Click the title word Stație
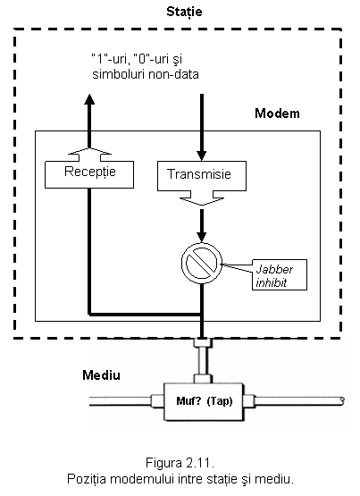pos(184,12)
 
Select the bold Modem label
pos(277,113)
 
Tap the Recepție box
pos(89,174)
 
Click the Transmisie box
pos(202,176)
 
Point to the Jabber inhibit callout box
pos(280,275)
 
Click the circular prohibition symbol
pos(202,263)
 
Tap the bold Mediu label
pos(101,375)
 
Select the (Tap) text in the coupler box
pos(220,401)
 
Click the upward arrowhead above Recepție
pos(89,99)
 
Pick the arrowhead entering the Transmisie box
pos(202,156)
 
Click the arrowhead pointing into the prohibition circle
pos(202,237)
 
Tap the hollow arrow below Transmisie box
pos(202,198)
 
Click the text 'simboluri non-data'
pos(146,75)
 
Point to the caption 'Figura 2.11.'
pos(180,463)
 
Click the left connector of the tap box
pos(157,401)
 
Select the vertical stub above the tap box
pos(203,361)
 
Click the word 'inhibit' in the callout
pos(271,282)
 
